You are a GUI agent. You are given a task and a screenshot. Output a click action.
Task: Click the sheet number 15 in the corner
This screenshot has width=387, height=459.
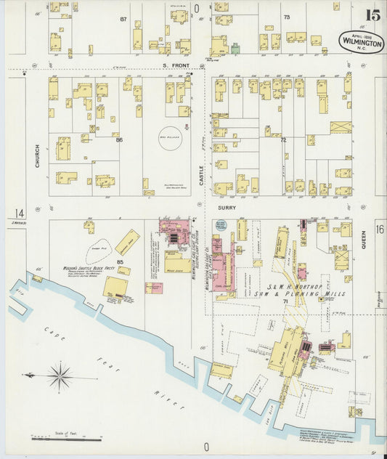pyautogui.click(x=372, y=15)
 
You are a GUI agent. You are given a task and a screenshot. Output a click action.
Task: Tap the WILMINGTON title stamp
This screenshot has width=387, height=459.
pyautogui.click(x=360, y=41)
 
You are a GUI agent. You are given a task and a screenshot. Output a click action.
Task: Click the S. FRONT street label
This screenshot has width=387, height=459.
pyautogui.click(x=176, y=66)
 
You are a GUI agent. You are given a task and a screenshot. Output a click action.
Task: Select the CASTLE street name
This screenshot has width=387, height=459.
pyautogui.click(x=203, y=174)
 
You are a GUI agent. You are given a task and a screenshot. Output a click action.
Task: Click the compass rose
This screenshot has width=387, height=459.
pyautogui.click(x=60, y=375)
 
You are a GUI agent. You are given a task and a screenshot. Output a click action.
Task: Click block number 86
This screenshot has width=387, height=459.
pyautogui.click(x=120, y=139)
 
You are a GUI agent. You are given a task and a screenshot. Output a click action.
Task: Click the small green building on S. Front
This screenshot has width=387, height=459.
pyautogui.click(x=235, y=49)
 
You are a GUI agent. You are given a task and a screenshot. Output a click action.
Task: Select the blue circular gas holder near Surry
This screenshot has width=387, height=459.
pyautogui.click(x=221, y=226)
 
